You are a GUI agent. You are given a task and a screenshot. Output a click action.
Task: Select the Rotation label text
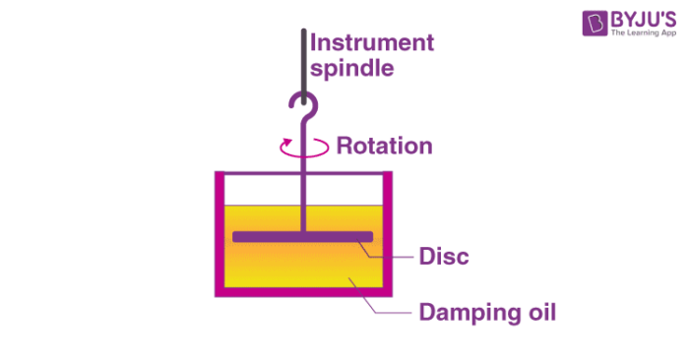pyautogui.click(x=384, y=147)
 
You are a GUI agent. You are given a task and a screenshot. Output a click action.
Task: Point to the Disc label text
pyautogui.click(x=444, y=257)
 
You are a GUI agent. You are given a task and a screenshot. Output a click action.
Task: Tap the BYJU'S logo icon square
pyautogui.click(x=594, y=26)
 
